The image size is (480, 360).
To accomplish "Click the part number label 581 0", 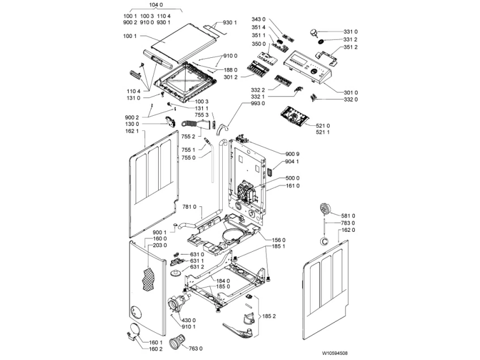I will pos(348,215).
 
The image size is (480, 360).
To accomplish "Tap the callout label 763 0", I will pos(196,348).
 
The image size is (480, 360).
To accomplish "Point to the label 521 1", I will pos(323,132).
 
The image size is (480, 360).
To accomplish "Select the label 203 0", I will pos(159,245).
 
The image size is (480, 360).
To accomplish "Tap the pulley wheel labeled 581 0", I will pos(325,209).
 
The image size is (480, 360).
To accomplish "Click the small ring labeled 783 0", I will pos(324,241).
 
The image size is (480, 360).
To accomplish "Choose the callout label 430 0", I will pos(188,320).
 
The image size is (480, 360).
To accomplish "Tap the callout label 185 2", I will pos(269,316).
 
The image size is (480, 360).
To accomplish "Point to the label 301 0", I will pos(351,92).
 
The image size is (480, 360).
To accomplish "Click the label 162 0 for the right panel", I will pos(348,230).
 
